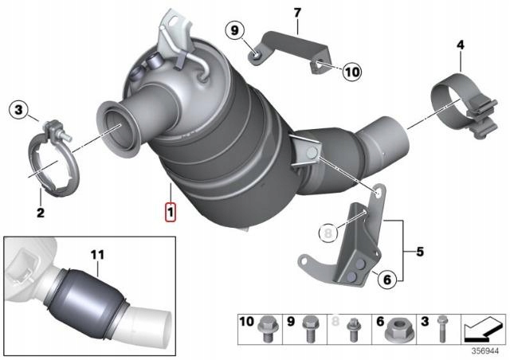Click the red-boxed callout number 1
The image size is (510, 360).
pos(169,213)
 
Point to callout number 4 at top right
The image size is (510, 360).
pos(460,45)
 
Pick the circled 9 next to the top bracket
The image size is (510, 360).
pos(235,31)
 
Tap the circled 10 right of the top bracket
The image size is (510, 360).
pos(352,72)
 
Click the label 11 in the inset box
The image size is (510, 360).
pos(97,255)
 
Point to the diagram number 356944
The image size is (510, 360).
pos(484,349)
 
